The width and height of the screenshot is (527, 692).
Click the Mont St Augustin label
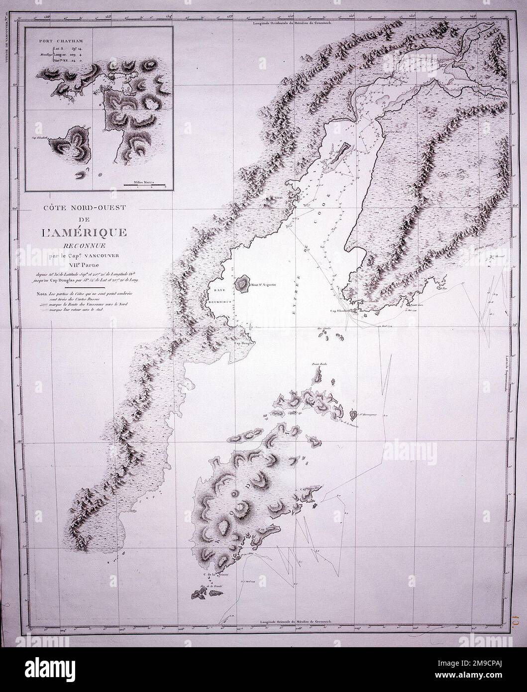263,285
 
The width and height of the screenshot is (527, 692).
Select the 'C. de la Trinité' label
212,575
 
